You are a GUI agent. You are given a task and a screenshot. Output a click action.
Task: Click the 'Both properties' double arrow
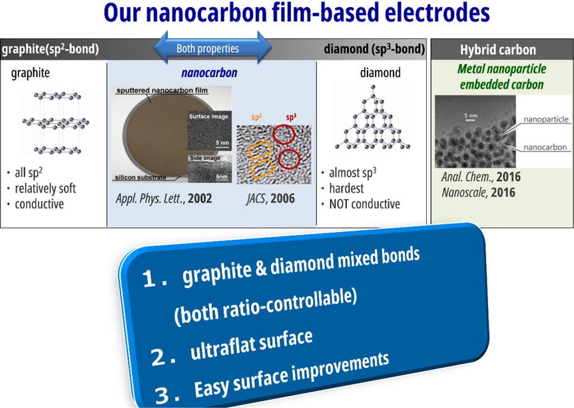(x=212, y=48)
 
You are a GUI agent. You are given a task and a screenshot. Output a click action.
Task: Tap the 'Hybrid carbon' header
(x=498, y=50)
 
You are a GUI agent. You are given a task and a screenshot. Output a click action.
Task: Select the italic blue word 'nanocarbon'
(x=209, y=73)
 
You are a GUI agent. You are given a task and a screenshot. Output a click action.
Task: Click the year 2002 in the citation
(x=200, y=198)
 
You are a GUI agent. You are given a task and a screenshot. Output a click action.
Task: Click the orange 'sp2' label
(x=256, y=117)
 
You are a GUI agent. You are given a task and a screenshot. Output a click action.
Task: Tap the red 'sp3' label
(x=291, y=117)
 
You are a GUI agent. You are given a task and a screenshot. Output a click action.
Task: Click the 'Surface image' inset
(x=209, y=131)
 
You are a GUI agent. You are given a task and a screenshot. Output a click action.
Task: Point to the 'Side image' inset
(x=210, y=169)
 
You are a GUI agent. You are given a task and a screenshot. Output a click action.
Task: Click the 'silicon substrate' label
(x=140, y=177)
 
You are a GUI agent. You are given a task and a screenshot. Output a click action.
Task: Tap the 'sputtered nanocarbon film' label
(x=162, y=91)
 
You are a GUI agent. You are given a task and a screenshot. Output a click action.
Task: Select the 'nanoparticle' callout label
(x=546, y=119)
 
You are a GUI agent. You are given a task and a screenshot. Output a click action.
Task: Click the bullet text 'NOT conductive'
(x=365, y=204)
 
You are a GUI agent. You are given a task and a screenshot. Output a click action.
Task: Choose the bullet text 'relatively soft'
(x=45, y=189)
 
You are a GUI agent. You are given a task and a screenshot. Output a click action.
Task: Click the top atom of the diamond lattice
(x=373, y=87)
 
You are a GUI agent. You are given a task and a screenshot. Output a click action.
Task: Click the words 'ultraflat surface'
(x=252, y=344)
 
